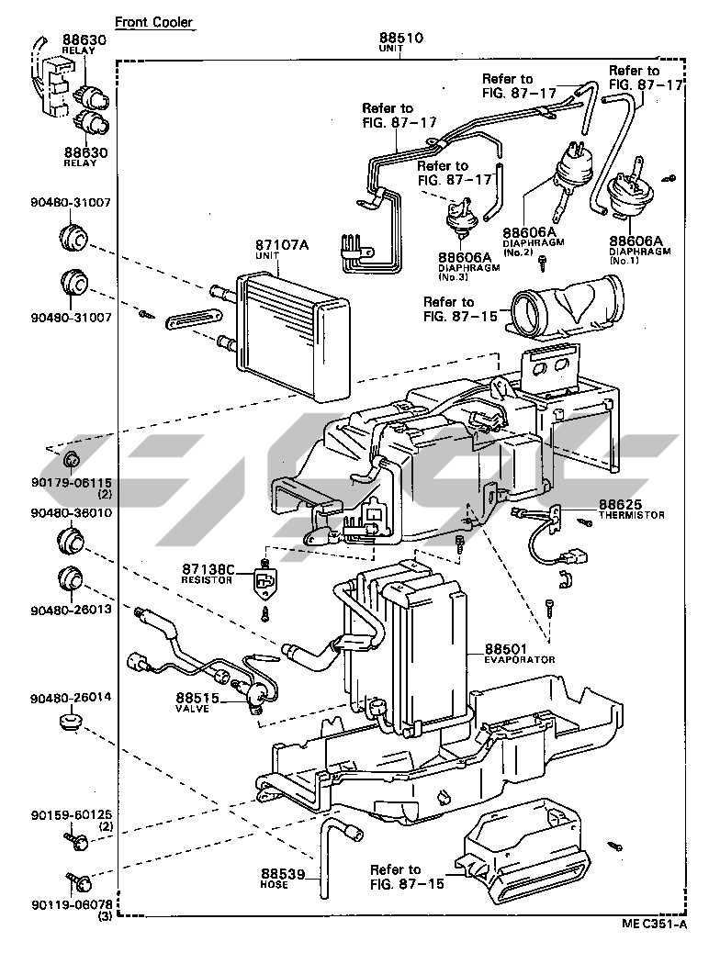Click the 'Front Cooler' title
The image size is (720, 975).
pyautogui.click(x=153, y=22)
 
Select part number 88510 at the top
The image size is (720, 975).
pyautogui.click(x=401, y=38)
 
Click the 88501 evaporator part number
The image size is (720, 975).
pyautogui.click(x=506, y=648)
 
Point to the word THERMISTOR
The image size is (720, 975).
pyautogui.click(x=632, y=515)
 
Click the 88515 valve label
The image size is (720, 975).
pyautogui.click(x=197, y=698)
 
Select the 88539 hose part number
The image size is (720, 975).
pyautogui.click(x=283, y=874)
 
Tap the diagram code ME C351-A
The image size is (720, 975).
pyautogui.click(x=654, y=924)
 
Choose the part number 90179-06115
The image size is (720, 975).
pyautogui.click(x=71, y=483)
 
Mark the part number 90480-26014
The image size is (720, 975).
pyautogui.click(x=71, y=697)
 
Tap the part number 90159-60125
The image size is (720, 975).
pyautogui.click(x=71, y=814)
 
